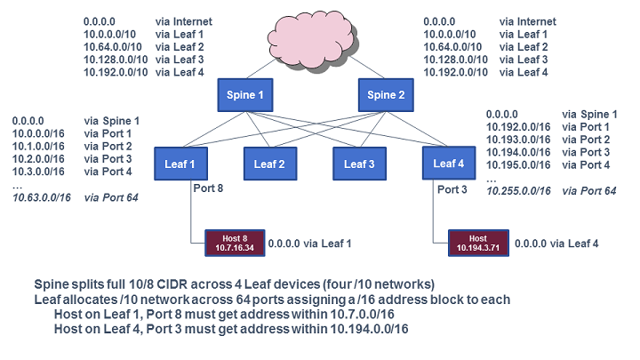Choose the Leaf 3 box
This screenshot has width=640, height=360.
(360, 163)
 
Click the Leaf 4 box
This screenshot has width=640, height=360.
(450, 163)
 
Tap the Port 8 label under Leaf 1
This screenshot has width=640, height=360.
(208, 188)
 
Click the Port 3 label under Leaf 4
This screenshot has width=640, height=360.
(452, 188)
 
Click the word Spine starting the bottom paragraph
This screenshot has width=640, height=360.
(53, 284)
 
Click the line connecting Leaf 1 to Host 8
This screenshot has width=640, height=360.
(192, 213)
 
